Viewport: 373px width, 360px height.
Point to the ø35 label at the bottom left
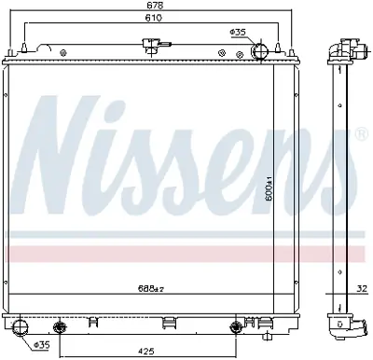pyautogui.click(x=42, y=347)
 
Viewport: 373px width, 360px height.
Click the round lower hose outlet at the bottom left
pyautogui.click(x=23, y=326)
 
